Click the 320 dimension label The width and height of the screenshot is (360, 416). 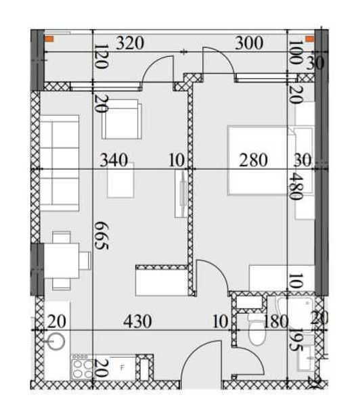tap(130, 43)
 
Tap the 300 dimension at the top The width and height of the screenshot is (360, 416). tap(249, 43)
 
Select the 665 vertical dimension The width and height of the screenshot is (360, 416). tap(102, 236)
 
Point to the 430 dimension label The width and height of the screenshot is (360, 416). tap(137, 321)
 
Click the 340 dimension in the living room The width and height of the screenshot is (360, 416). tap(114, 160)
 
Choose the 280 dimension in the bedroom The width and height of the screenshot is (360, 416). tap(253, 160)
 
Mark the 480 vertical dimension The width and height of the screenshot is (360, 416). tap(296, 186)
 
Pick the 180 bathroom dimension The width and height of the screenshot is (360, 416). tap(275, 321)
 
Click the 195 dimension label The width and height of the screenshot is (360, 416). tap(296, 340)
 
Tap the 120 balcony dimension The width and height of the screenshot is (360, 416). tap(102, 56)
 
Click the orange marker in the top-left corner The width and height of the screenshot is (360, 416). tap(49, 39)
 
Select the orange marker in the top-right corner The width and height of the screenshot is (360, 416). tap(310, 39)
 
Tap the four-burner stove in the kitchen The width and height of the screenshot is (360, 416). tap(83, 367)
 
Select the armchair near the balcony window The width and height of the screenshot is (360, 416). tap(122, 119)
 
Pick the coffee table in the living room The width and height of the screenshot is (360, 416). tap(120, 181)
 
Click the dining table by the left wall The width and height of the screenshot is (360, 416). tap(62, 260)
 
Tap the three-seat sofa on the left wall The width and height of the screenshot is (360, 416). tap(59, 163)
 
